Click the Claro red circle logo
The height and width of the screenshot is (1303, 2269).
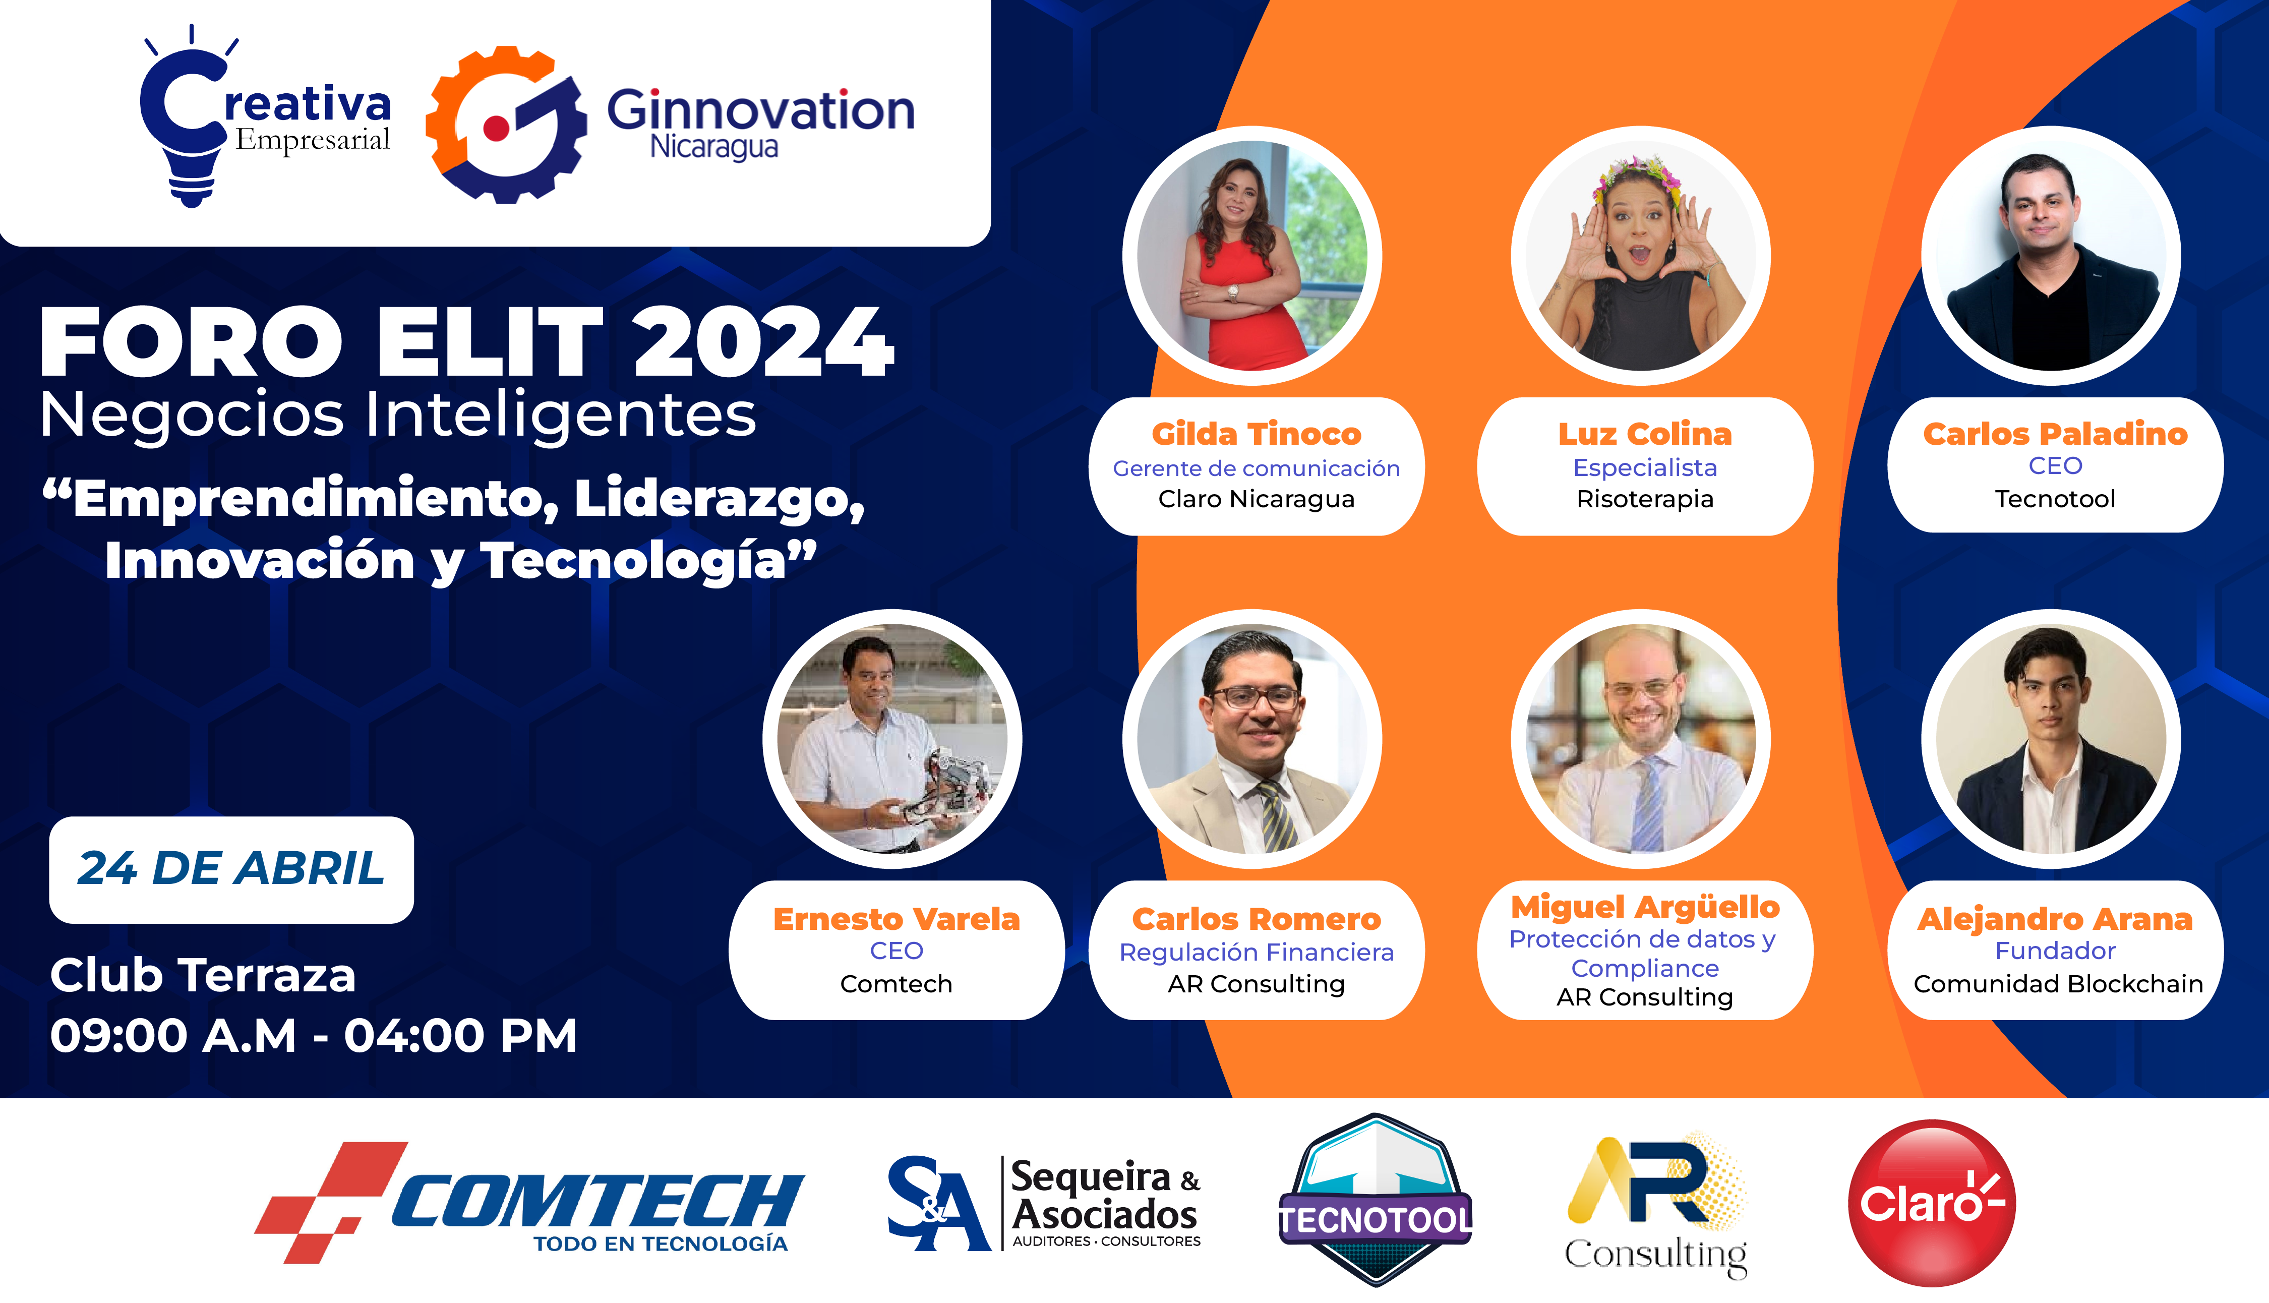pos(1932,1203)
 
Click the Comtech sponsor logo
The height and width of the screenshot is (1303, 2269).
pos(529,1202)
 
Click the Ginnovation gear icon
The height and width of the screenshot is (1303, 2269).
pos(506,125)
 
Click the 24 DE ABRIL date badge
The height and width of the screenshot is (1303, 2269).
pos(231,869)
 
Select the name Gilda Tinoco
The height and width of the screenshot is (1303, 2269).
pos(1256,434)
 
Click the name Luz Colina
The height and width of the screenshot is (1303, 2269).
pos(1644,434)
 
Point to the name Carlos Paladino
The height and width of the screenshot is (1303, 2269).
pos(2055,434)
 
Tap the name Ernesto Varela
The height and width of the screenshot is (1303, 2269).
pos(897,919)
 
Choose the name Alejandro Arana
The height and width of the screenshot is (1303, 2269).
pos(2055,919)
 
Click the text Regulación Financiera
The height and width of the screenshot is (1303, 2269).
pos(1256,952)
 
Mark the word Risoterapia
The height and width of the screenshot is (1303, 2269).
pos(1644,499)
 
